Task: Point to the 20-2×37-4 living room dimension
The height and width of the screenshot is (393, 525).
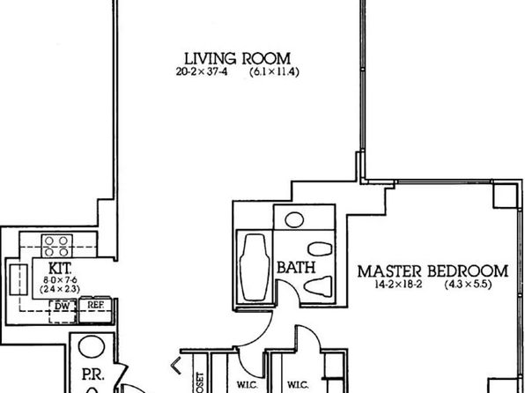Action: point(199,73)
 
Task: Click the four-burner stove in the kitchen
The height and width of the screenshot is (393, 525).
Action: point(59,243)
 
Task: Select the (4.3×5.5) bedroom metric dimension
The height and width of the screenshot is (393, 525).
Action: point(466,285)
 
